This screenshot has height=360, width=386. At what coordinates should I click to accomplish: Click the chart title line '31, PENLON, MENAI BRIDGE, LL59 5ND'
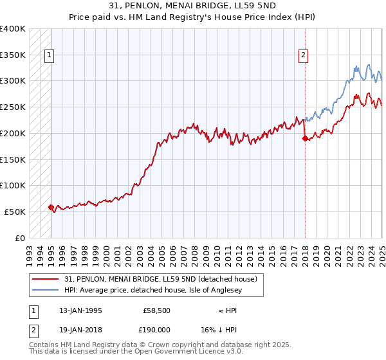(193, 7)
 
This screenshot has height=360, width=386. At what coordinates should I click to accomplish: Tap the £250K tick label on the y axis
(13, 107)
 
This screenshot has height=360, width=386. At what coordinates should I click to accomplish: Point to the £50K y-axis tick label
(15, 212)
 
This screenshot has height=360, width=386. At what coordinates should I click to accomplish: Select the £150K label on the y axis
(13, 159)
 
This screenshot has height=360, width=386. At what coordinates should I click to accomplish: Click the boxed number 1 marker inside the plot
(49, 55)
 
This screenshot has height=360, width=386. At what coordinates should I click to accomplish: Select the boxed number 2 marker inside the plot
(303, 55)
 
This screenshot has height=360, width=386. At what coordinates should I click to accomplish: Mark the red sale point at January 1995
(51, 207)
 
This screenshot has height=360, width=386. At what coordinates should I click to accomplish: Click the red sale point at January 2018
(305, 138)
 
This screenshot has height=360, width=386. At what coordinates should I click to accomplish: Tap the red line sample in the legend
(46, 279)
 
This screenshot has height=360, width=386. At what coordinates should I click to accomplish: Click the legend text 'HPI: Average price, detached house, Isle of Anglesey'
(164, 290)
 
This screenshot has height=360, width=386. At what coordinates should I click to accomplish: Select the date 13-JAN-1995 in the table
(80, 310)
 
